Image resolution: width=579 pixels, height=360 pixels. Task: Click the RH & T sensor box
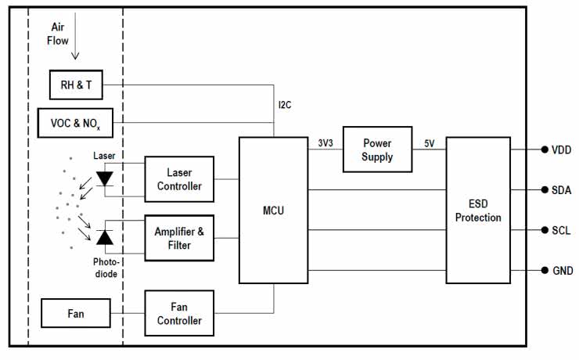coord(76,85)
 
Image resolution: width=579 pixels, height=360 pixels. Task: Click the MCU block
coord(274,210)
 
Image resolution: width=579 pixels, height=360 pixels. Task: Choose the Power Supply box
coord(377,149)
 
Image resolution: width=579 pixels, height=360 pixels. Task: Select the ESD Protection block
coord(478,210)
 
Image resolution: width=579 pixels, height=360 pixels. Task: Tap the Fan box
coord(76,314)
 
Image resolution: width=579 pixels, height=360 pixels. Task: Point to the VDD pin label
coord(563,149)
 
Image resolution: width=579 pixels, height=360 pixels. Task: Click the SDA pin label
coord(563,189)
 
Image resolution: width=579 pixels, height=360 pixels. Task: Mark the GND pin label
coord(563,271)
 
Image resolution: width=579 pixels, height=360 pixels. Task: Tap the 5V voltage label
coord(430,142)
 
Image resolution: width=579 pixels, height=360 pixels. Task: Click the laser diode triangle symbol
coord(105,178)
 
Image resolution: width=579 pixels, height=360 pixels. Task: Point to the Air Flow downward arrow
coord(74,49)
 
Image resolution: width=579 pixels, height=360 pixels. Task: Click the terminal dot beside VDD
coord(544,149)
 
